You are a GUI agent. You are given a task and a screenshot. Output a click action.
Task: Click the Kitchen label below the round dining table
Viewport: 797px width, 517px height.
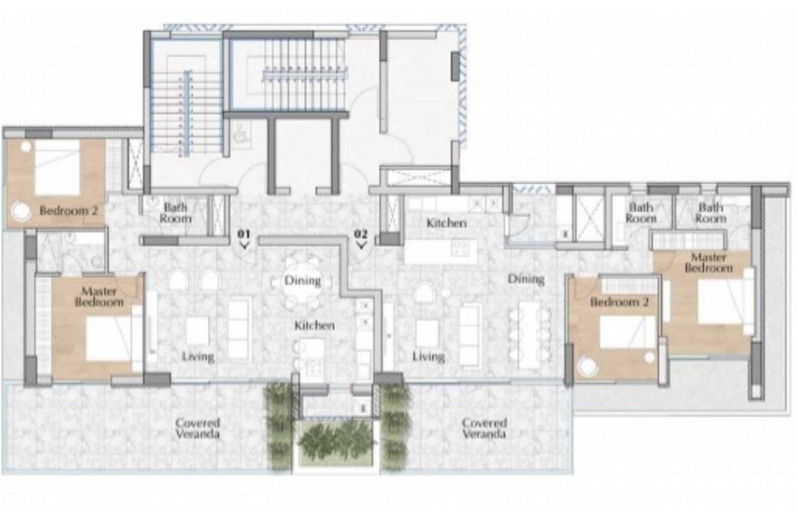313,324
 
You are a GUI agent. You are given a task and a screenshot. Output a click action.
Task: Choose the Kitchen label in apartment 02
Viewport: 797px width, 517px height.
446,222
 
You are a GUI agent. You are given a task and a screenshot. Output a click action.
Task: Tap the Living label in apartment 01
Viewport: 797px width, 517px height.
197,357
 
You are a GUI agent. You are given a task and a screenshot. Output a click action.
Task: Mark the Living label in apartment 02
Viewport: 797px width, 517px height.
428,357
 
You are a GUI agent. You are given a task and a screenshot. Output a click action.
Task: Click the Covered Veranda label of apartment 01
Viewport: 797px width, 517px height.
197,428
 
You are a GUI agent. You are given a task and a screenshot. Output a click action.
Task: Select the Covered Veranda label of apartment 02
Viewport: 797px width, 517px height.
483,428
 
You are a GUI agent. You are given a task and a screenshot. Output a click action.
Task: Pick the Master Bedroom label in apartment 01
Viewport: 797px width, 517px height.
100,297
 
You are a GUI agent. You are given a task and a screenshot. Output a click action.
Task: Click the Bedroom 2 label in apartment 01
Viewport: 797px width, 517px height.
68,211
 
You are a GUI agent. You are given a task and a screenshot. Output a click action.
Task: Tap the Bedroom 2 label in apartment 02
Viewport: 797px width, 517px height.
616,302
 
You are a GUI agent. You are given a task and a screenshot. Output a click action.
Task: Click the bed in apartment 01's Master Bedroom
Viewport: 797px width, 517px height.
108,338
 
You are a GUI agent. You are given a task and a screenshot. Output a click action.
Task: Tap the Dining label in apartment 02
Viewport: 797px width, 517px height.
526,279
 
